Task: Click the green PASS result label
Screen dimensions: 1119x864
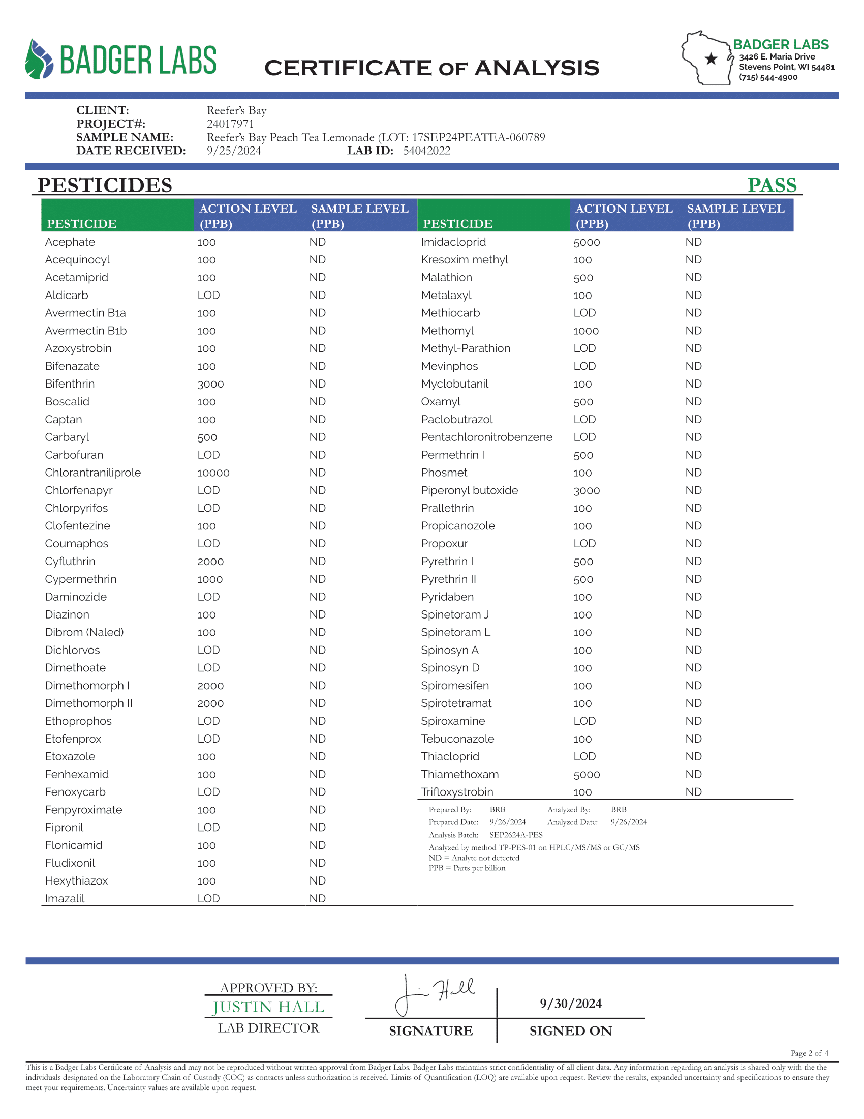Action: click(772, 185)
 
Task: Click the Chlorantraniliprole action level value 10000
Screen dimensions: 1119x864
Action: click(213, 473)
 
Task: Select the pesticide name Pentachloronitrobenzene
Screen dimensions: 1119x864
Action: click(486, 437)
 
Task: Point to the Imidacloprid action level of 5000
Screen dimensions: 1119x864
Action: click(587, 242)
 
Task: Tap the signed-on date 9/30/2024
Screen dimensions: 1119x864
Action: click(571, 1003)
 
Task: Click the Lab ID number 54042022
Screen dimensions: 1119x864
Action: click(426, 151)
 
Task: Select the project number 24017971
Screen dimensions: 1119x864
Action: click(230, 124)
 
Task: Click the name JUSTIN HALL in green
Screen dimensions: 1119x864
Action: click(268, 1007)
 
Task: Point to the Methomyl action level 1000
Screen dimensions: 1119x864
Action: click(586, 331)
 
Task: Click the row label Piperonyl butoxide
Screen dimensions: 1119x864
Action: click(470, 490)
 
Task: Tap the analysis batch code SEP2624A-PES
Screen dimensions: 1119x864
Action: click(516, 835)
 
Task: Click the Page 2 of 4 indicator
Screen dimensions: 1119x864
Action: click(809, 1053)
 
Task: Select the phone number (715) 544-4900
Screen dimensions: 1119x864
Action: click(768, 77)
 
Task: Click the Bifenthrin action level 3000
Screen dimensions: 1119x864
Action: click(210, 384)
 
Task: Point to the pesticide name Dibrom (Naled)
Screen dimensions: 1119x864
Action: click(84, 632)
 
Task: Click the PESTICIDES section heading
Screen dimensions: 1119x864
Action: click(105, 185)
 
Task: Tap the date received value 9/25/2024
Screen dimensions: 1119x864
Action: click(234, 151)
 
